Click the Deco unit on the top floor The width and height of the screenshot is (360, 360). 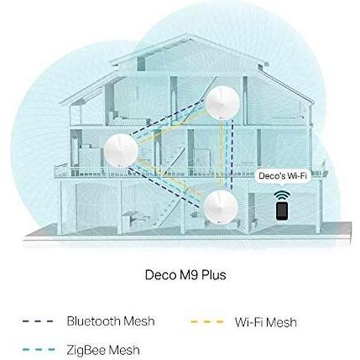point(222,102)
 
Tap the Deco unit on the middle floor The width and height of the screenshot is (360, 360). point(121,150)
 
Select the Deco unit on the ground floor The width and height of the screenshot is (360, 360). point(221,207)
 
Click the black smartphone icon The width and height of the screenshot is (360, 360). point(282,211)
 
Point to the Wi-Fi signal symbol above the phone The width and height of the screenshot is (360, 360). point(282,195)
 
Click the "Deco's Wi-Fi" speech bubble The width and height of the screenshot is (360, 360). point(283,176)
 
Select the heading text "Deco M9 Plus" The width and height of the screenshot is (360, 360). point(185,275)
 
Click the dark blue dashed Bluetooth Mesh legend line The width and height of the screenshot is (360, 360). point(38,321)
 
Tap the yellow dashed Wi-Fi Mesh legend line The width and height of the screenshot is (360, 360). point(207,321)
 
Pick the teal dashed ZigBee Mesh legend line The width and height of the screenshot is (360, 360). point(39,350)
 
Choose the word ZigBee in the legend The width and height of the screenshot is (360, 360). point(86,350)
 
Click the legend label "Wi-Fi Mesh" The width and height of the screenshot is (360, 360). point(266,322)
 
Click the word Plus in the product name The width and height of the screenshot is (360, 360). point(214,275)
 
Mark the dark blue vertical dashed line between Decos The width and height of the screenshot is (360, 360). point(232,155)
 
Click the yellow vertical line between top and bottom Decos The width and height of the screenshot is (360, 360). point(222,154)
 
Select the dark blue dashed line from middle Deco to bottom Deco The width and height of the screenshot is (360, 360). point(164,187)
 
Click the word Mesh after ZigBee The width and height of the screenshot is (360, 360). point(124,350)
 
